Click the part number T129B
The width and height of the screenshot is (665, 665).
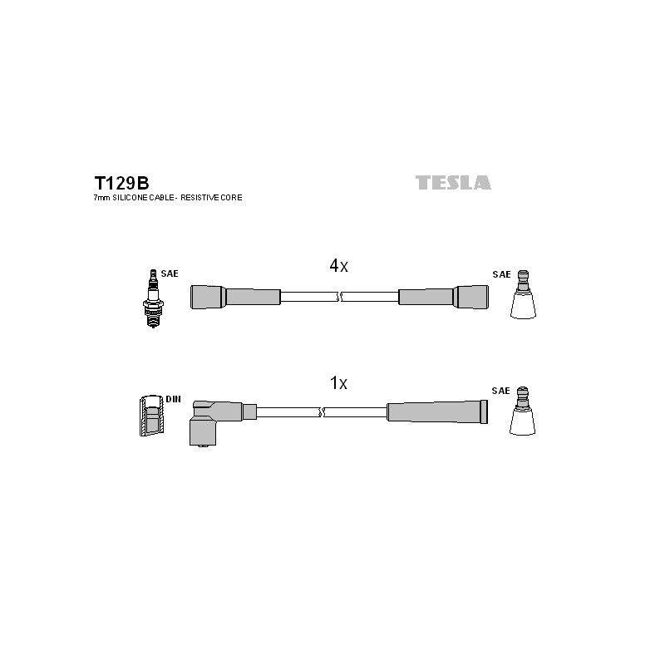tap(121, 183)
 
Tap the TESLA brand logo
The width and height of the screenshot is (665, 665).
tap(453, 182)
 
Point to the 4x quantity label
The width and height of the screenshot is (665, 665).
tap(338, 266)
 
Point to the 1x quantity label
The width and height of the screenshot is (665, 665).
tap(338, 383)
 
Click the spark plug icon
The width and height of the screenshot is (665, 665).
tap(153, 299)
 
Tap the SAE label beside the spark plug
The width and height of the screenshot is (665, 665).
tap(170, 273)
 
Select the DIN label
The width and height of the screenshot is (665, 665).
tap(173, 399)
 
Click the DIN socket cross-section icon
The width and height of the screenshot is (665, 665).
tap(151, 416)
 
